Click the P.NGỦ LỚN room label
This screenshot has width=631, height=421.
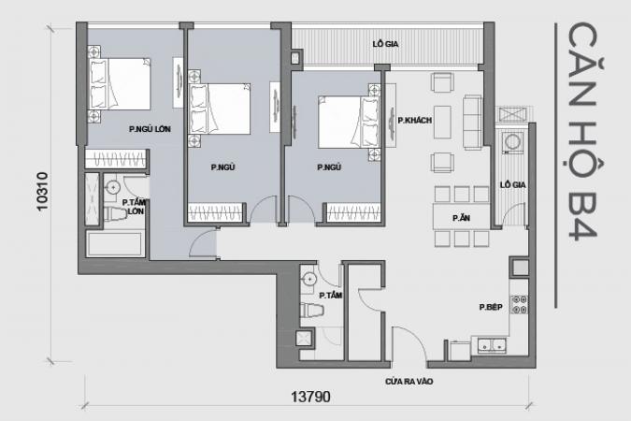[150, 129]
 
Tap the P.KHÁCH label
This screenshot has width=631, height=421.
[414, 120]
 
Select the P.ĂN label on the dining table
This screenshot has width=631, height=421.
[461, 218]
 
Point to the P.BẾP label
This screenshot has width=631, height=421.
[491, 307]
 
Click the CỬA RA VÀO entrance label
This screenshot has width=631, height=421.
[409, 381]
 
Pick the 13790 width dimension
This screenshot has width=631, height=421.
[310, 397]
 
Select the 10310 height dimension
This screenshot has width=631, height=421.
[42, 192]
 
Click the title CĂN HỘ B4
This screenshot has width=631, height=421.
[582, 132]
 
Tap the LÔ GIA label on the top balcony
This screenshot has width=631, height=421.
[385, 44]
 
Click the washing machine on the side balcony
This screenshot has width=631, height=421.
[512, 142]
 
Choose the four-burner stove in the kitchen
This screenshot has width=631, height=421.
[519, 305]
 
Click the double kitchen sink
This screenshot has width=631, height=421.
[492, 345]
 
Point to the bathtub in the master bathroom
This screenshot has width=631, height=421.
[116, 243]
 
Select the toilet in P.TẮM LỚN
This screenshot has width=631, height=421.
[116, 213]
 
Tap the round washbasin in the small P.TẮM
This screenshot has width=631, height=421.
[309, 279]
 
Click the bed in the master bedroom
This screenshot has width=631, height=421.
[119, 84]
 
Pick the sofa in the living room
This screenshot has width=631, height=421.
[472, 122]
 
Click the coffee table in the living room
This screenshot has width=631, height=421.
[443, 122]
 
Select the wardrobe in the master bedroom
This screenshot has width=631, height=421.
[116, 159]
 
